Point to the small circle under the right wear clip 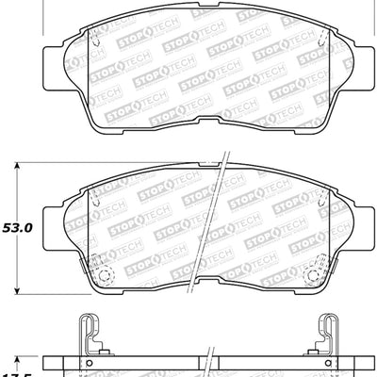[x=327, y=362]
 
